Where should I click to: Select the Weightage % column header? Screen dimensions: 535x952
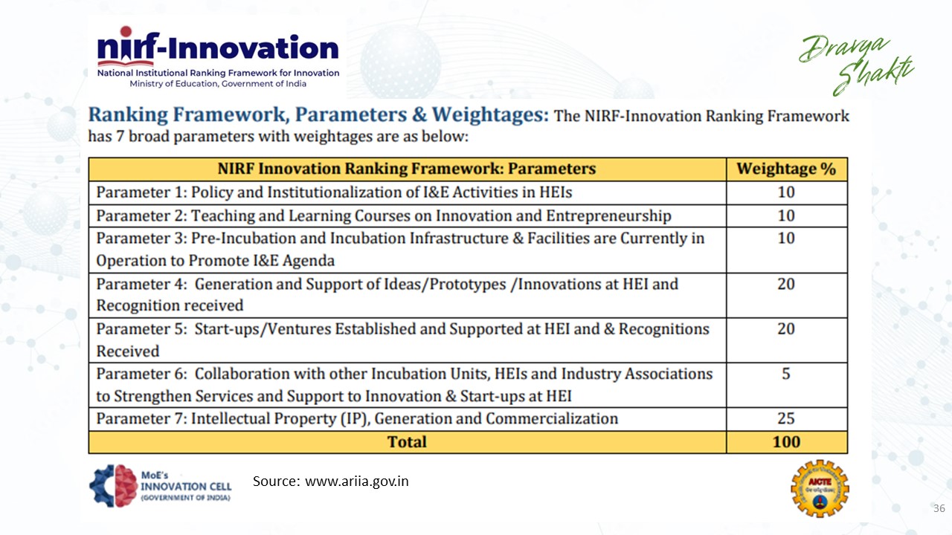coord(786,169)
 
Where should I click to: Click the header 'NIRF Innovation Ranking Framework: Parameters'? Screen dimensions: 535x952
coord(407,169)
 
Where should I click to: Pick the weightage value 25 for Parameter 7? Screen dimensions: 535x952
coord(786,418)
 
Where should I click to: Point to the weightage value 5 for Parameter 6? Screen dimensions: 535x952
coord(786,374)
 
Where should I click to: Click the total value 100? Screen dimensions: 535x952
coord(786,442)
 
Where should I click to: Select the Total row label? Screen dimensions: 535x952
coord(407,442)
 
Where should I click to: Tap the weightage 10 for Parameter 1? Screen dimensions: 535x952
coord(786,192)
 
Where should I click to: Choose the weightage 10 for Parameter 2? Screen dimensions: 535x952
coord(786,215)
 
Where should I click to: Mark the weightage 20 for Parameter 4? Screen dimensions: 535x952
coord(786,284)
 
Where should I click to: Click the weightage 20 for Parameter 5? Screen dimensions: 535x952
coord(786,328)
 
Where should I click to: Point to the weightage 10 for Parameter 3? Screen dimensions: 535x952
coord(786,238)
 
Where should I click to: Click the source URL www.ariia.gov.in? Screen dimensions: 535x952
coord(357,481)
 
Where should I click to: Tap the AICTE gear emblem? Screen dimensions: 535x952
coord(820,487)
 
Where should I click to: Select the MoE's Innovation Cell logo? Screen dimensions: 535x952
coord(160,486)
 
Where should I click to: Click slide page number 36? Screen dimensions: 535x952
coord(939,509)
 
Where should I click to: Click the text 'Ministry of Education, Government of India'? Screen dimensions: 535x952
coord(218,84)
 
